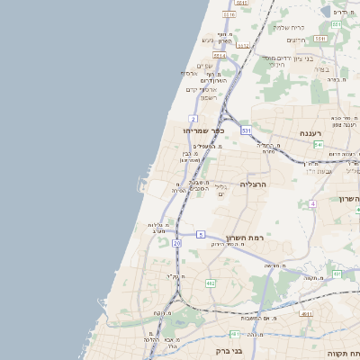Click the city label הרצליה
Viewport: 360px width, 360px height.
(x=256, y=183)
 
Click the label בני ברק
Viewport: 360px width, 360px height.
(x=232, y=351)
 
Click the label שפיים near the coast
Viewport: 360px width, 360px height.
(x=204, y=65)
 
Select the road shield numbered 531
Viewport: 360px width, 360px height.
(x=246, y=130)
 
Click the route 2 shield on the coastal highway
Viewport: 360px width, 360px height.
(x=193, y=119)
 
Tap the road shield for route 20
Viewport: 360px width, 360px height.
(x=176, y=243)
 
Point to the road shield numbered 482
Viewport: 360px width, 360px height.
(x=211, y=283)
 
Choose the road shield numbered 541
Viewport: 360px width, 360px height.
(x=319, y=144)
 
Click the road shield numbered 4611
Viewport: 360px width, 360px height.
(x=306, y=314)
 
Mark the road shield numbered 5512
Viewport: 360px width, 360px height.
(x=244, y=44)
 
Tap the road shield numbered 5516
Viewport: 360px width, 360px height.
(x=229, y=14)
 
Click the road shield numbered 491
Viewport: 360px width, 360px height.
(x=336, y=274)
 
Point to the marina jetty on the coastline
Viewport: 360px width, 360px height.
(x=140, y=185)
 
